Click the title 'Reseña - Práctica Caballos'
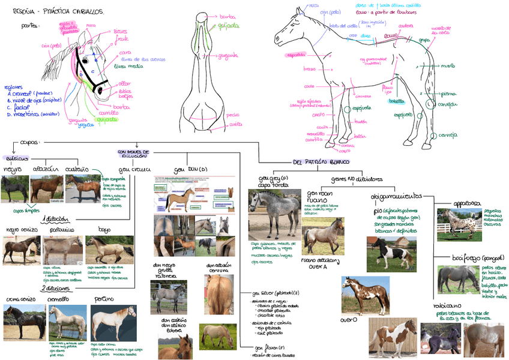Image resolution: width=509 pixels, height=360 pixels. coord(55,11)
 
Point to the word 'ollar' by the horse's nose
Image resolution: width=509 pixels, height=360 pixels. coord(125,83)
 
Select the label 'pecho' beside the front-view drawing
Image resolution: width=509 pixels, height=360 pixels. coord(233,115)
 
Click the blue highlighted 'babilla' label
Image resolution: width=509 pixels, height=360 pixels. coord(396,101)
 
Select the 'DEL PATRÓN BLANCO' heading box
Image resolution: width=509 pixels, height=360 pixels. coord(314,162)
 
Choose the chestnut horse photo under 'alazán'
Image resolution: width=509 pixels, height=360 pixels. coord(46,188)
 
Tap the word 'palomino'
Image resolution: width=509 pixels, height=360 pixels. coord(58,229)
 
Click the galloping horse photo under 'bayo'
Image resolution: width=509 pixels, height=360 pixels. coord(109,250)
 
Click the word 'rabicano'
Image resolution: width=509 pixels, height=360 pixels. coord(448,305)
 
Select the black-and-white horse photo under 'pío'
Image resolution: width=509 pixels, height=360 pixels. coord(388,253)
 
